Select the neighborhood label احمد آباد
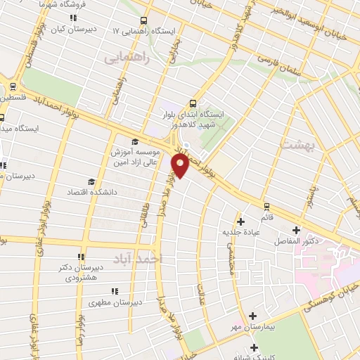point(147,259)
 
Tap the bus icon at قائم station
point(266,206)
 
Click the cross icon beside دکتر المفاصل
point(297,230)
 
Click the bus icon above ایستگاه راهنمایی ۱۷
point(145,20)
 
